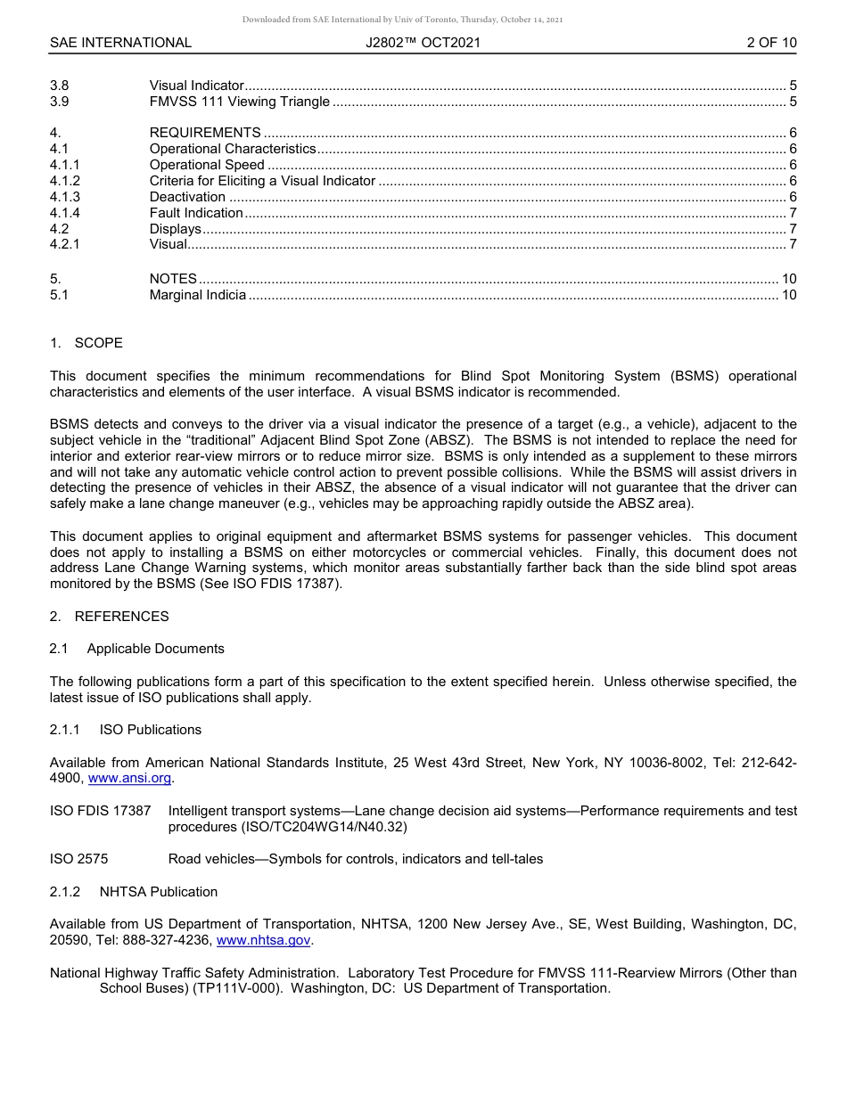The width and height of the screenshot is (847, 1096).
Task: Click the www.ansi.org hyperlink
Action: [x=130, y=778]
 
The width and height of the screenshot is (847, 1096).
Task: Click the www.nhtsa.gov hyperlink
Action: [x=264, y=940]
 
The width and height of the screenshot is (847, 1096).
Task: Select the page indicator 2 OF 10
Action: [x=771, y=43]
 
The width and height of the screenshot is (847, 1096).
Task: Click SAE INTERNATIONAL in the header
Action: [x=120, y=43]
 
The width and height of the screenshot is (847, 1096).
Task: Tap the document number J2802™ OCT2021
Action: [x=423, y=43]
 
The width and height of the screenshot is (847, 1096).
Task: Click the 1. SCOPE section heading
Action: [x=86, y=343]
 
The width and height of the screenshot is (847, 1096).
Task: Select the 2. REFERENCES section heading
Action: [x=109, y=617]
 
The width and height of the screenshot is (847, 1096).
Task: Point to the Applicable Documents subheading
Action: [x=155, y=649]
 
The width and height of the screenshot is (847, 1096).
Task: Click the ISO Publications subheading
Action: [x=150, y=730]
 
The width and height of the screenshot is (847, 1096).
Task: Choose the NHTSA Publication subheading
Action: [x=158, y=892]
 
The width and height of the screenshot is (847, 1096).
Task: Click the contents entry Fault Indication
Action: [x=196, y=213]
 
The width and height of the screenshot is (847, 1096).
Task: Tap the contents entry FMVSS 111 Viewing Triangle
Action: [x=239, y=102]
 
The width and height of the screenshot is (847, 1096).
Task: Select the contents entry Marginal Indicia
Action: [x=198, y=295]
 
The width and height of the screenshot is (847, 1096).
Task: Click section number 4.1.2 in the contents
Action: [x=65, y=181]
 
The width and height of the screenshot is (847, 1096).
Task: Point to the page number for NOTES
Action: [x=788, y=279]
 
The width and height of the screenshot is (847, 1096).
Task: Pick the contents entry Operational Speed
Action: [x=207, y=165]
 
